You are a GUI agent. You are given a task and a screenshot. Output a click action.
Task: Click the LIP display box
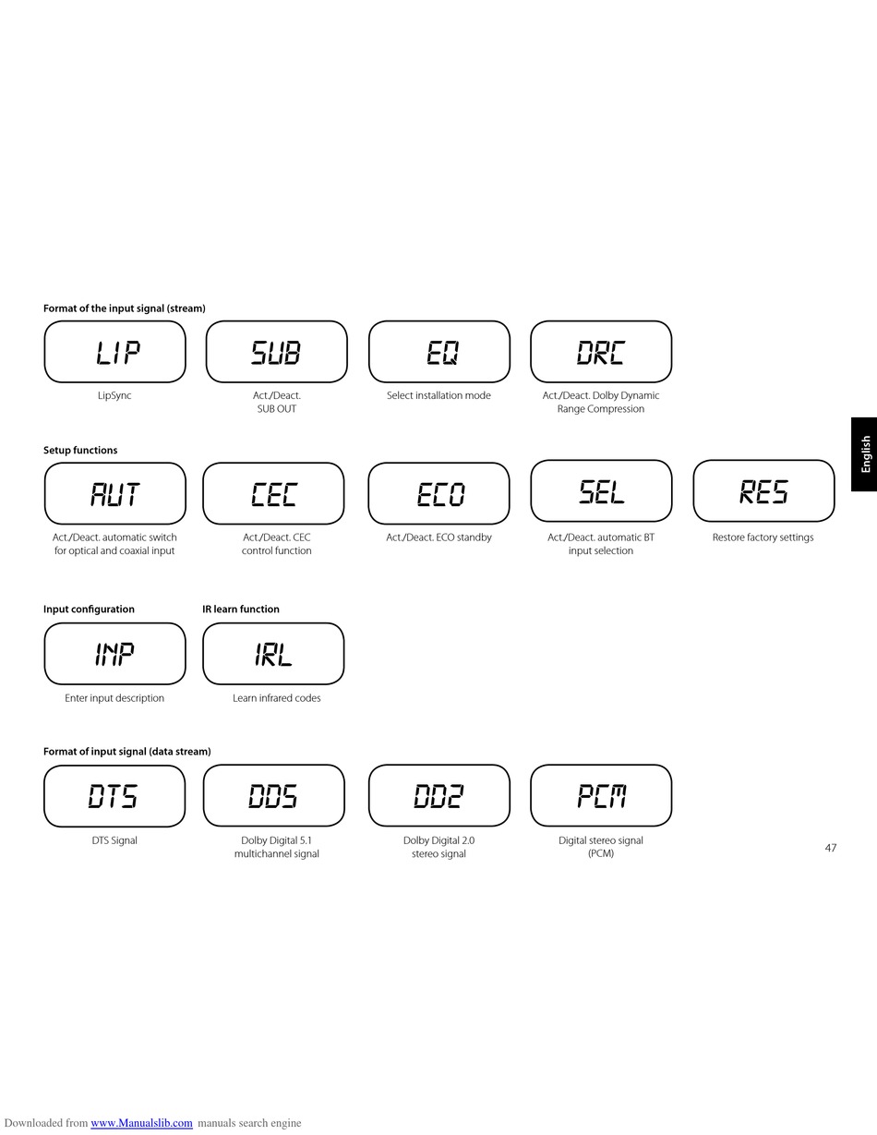tap(114, 352)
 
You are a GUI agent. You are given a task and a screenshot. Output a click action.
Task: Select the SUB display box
tap(276, 352)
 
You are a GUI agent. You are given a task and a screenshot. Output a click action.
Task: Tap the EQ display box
tap(438, 352)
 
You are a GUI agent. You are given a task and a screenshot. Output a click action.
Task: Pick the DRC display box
tap(600, 352)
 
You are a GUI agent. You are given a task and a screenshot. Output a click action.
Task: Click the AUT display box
tap(114, 494)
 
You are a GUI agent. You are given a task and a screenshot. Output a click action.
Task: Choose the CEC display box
tap(273, 494)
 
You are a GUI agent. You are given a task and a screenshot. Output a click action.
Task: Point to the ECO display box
tap(438, 494)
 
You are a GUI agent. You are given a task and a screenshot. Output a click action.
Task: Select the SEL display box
tap(600, 491)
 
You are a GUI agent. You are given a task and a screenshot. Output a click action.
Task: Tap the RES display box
tap(763, 491)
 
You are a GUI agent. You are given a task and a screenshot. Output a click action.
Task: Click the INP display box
tap(114, 654)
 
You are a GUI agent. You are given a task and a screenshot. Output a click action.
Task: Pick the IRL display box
tap(273, 654)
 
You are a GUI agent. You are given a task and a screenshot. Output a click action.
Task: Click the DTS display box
tap(114, 796)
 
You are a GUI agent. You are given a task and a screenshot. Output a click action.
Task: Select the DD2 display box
tap(438, 796)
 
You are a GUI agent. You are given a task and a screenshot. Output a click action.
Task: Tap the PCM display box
tap(600, 796)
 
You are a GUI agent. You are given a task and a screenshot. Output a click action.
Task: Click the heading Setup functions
tap(80, 451)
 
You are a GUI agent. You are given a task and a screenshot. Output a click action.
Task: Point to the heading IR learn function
tap(241, 610)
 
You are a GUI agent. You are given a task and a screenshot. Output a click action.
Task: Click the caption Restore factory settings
tap(763, 537)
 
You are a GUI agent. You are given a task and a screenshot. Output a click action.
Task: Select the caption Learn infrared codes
tap(276, 698)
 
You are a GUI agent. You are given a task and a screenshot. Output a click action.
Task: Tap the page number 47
tap(831, 848)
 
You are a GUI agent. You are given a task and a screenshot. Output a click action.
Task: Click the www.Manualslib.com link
tap(141, 1123)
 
